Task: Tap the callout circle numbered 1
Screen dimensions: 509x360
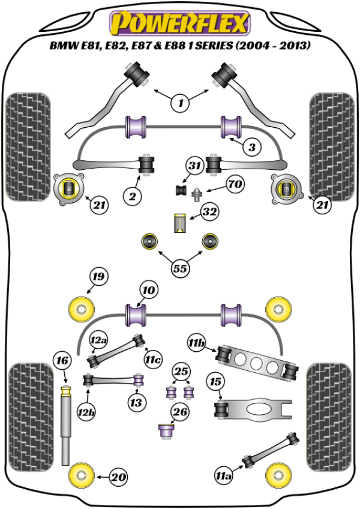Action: coord(181,103)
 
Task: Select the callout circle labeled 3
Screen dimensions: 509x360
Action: coord(253,146)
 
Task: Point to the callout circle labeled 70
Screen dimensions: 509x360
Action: coord(235,184)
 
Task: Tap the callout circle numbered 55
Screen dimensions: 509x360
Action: coord(179,268)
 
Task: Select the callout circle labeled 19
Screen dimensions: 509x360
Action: coord(98,277)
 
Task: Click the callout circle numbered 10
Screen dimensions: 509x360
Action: coord(149,291)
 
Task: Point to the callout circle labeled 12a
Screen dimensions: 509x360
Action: coord(98,340)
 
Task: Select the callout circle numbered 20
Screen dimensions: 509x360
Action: coord(119,478)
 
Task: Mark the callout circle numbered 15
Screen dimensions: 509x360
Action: coord(215,382)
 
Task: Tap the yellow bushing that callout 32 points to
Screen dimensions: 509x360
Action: coord(179,223)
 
